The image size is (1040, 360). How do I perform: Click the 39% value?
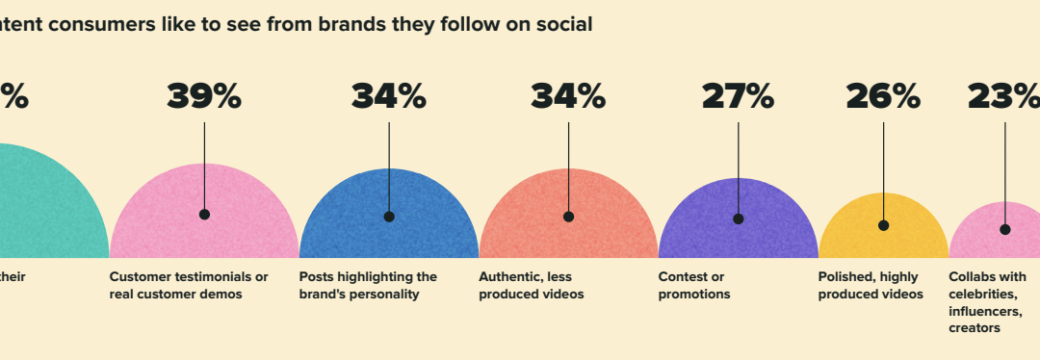tap(204, 96)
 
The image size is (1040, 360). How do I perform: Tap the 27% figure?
tap(738, 96)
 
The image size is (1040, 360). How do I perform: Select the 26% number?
tap(883, 96)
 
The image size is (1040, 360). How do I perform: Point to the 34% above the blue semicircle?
tap(388, 96)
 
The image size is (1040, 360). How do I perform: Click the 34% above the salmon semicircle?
tap(568, 96)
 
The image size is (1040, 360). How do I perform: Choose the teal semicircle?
tap(48, 207)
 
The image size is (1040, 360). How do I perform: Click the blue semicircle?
tap(389, 231)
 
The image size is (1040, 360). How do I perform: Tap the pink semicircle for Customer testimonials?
tap(204, 231)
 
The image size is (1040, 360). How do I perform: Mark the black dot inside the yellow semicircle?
tap(883, 225)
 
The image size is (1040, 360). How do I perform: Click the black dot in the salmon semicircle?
tap(568, 217)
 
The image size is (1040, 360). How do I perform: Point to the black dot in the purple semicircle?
tap(738, 219)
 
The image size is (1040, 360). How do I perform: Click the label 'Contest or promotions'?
tap(693, 286)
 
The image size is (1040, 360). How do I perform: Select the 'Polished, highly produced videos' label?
tap(871, 286)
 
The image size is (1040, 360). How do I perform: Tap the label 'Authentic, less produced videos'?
tap(532, 286)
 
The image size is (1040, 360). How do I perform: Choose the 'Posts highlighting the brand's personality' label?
tap(368, 286)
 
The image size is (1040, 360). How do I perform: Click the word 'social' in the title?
tap(566, 24)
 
